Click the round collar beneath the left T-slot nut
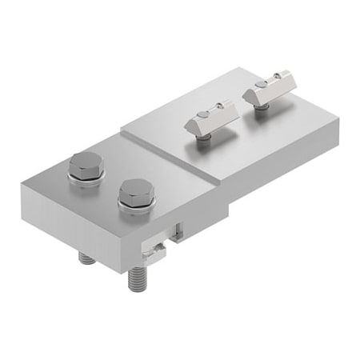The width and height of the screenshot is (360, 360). tap(206, 138)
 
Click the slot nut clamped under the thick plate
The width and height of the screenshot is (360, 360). tap(154, 251)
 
